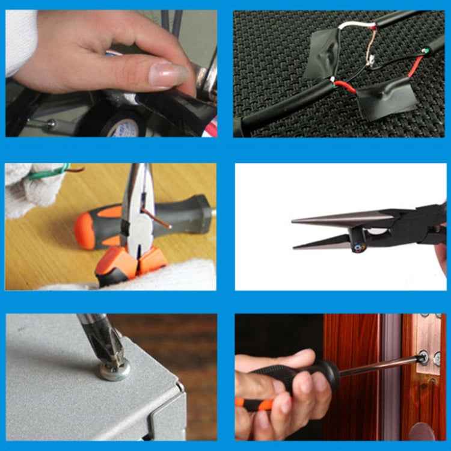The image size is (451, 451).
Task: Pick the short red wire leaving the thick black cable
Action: coord(344,86)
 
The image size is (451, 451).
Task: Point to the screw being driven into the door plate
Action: coord(423,359)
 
